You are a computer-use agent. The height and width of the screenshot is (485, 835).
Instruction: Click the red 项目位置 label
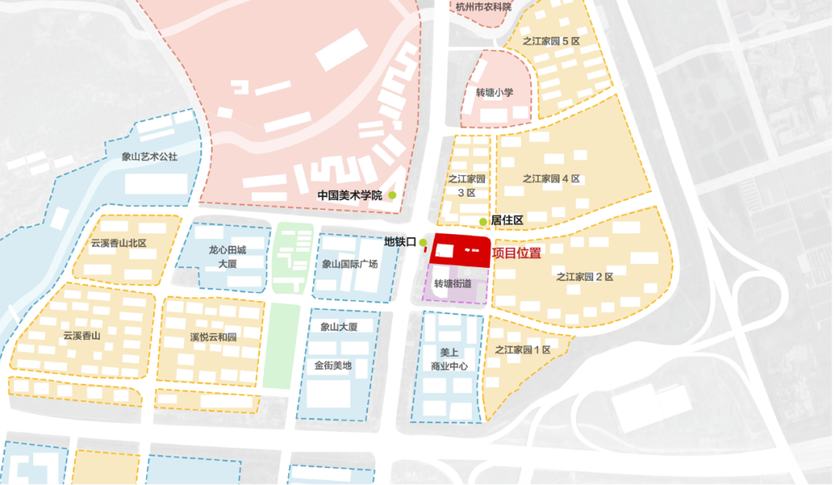(x=516, y=252)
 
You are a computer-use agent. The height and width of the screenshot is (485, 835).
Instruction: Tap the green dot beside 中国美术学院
(x=393, y=195)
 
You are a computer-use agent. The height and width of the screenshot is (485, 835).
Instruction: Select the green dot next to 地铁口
(x=423, y=242)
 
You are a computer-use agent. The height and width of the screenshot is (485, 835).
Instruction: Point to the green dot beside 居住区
(x=483, y=222)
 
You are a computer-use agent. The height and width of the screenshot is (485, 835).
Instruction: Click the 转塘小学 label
(x=495, y=93)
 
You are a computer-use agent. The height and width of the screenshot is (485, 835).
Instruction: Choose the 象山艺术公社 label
(x=150, y=157)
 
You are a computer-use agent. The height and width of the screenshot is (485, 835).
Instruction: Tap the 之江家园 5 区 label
(x=551, y=41)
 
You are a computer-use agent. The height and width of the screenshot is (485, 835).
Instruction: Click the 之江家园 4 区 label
(x=551, y=179)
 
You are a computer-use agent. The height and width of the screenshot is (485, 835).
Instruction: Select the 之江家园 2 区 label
(x=584, y=276)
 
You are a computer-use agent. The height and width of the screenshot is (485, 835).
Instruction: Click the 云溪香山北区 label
(x=118, y=243)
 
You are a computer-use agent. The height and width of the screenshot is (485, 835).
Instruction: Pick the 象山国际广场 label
(x=350, y=264)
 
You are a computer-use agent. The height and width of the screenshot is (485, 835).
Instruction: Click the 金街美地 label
(x=333, y=365)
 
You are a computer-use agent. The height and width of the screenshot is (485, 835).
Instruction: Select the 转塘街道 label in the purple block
(x=453, y=283)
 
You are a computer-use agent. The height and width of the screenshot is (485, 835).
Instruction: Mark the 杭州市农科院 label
(x=483, y=7)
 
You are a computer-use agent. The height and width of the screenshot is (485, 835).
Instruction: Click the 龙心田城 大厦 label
(x=227, y=256)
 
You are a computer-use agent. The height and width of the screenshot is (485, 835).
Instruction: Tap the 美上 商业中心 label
(x=449, y=359)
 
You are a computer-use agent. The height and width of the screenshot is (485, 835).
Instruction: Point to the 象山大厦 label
(x=339, y=327)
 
